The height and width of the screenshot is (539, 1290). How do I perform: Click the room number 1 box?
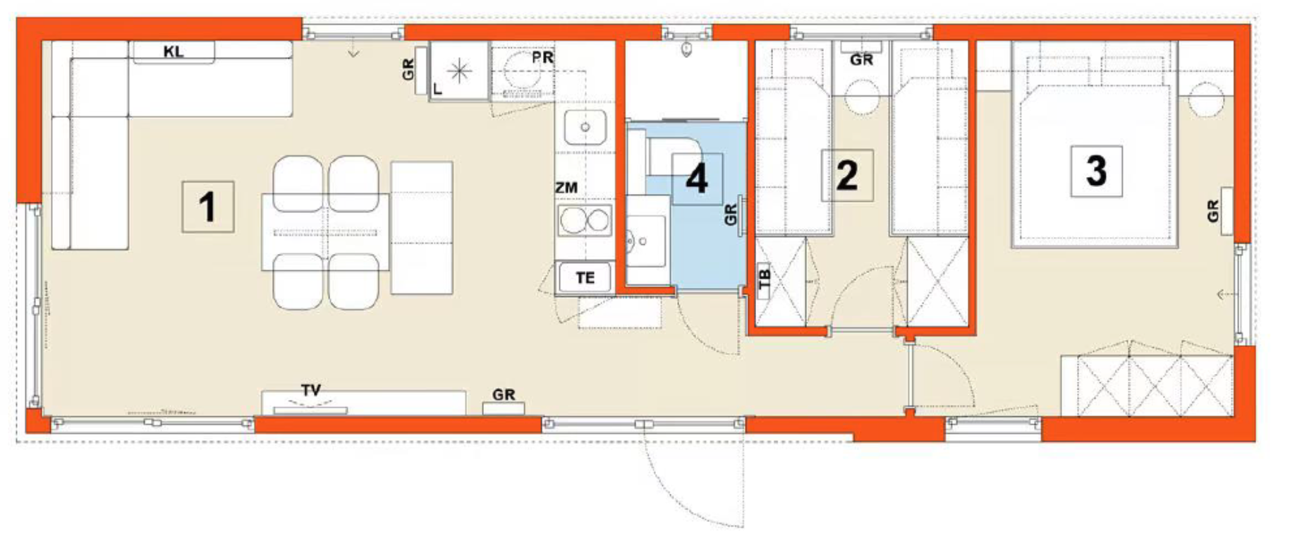click(x=207, y=207)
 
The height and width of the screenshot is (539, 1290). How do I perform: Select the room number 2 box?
click(x=847, y=175)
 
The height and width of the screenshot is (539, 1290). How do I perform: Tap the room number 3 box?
click(x=1096, y=171)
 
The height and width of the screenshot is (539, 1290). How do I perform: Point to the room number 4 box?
click(x=697, y=179)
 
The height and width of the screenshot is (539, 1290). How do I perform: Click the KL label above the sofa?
click(x=173, y=52)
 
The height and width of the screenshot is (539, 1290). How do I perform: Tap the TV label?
click(x=311, y=390)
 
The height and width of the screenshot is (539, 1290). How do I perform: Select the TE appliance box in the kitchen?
click(x=585, y=278)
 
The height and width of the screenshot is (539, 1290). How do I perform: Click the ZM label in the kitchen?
click(x=566, y=188)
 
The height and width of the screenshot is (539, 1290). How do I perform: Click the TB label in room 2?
click(x=764, y=279)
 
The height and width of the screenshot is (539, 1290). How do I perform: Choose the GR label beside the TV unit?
click(x=504, y=395)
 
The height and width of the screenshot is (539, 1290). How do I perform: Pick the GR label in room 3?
click(x=1213, y=211)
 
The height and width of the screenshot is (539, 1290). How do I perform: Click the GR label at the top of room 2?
click(x=861, y=60)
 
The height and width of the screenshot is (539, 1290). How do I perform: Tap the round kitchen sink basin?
click(x=585, y=128)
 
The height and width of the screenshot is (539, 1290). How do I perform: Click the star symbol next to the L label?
click(x=460, y=71)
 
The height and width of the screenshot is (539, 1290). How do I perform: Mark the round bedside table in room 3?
click(x=1205, y=99)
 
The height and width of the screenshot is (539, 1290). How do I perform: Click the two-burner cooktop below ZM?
click(x=585, y=221)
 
